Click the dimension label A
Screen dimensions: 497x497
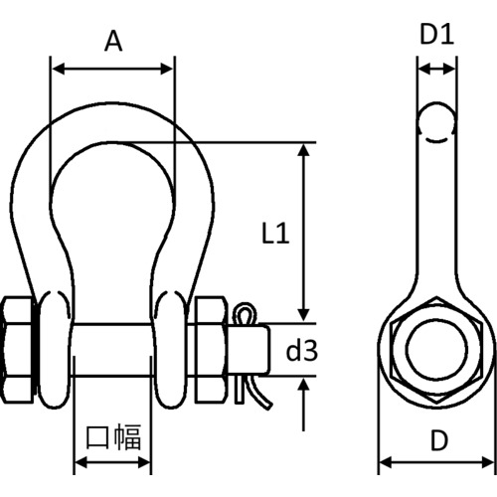click(x=113, y=41)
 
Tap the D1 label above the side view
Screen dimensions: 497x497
click(x=436, y=35)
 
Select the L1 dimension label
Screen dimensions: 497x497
click(x=275, y=234)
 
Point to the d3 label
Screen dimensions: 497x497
click(x=302, y=351)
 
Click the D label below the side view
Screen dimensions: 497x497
click(x=439, y=440)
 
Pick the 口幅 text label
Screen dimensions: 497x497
click(x=113, y=437)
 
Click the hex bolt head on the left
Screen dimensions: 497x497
click(x=18, y=350)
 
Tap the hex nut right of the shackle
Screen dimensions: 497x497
click(x=211, y=350)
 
